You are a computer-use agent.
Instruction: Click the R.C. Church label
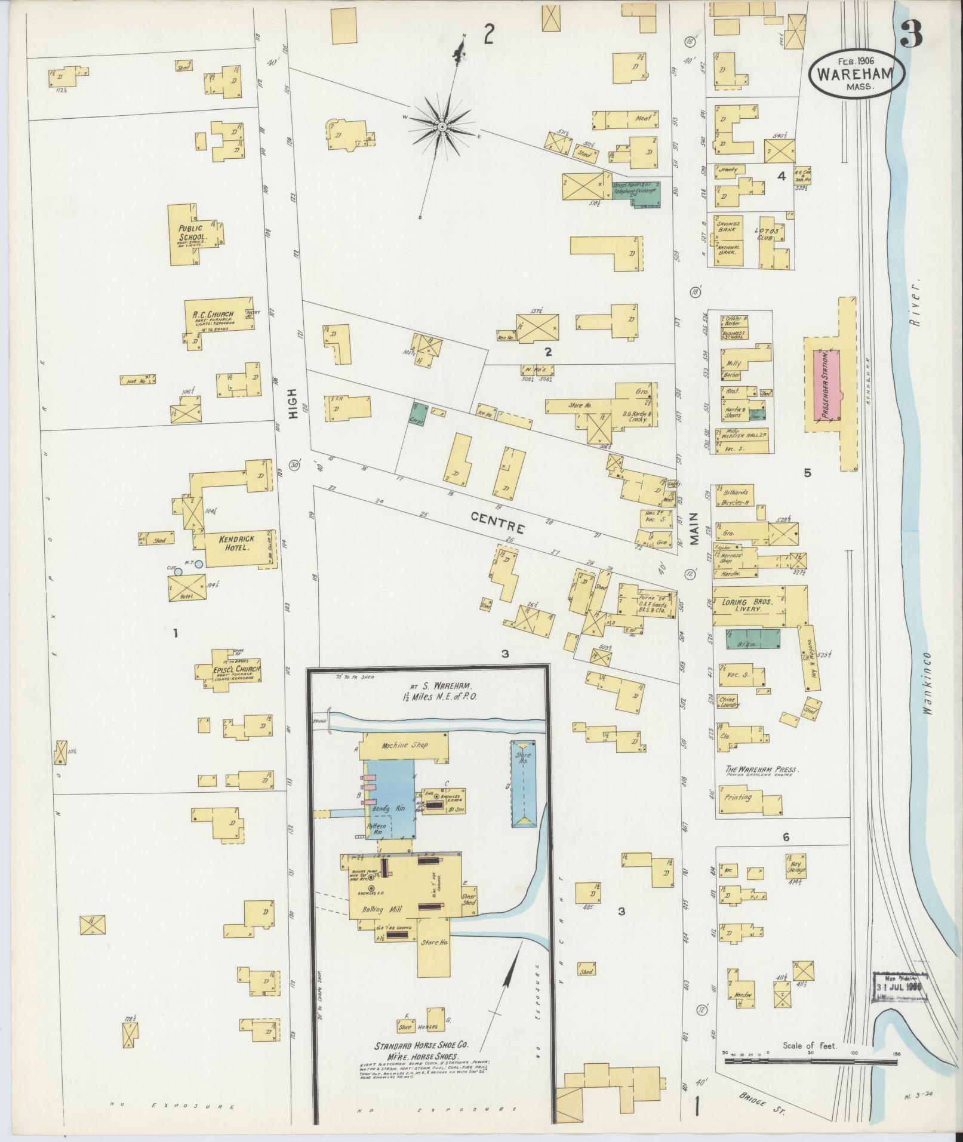click(x=213, y=315)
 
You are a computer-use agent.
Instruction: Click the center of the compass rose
click(x=442, y=127)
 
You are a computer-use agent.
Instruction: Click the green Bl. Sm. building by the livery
click(x=753, y=638)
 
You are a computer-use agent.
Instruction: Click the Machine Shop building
click(x=404, y=746)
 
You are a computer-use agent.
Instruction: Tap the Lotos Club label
click(x=765, y=233)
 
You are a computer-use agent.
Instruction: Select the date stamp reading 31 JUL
click(x=899, y=987)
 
